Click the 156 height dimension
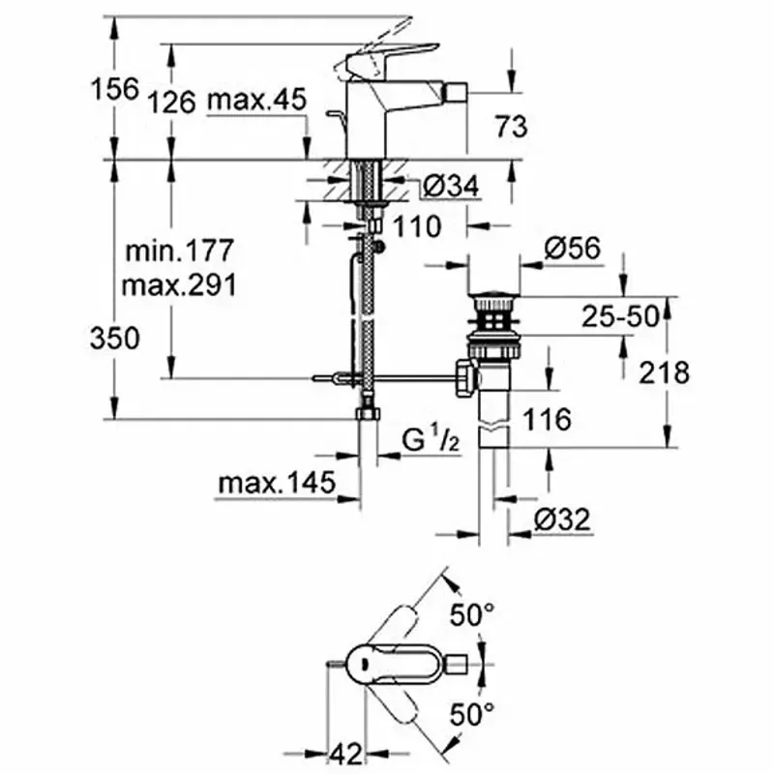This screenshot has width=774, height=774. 114,89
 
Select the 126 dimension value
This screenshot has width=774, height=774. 172,103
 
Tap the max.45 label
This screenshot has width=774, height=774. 257,100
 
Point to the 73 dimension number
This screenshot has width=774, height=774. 512,127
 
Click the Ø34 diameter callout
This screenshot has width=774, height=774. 451,187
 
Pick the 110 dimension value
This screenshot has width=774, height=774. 417,227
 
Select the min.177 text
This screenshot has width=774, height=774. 179,251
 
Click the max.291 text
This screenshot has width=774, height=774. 179,285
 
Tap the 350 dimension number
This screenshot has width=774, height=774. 115,339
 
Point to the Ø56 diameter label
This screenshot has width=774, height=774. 573,248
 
